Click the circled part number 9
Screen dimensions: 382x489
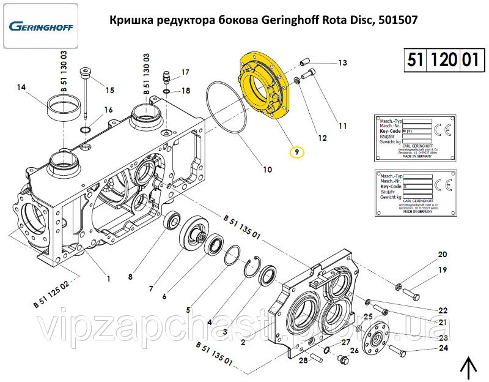296,151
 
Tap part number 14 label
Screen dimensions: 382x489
21,88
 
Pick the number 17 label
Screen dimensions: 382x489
186,72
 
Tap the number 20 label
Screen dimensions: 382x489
442,255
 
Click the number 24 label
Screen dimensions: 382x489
443,349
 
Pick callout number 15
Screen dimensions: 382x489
109,91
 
